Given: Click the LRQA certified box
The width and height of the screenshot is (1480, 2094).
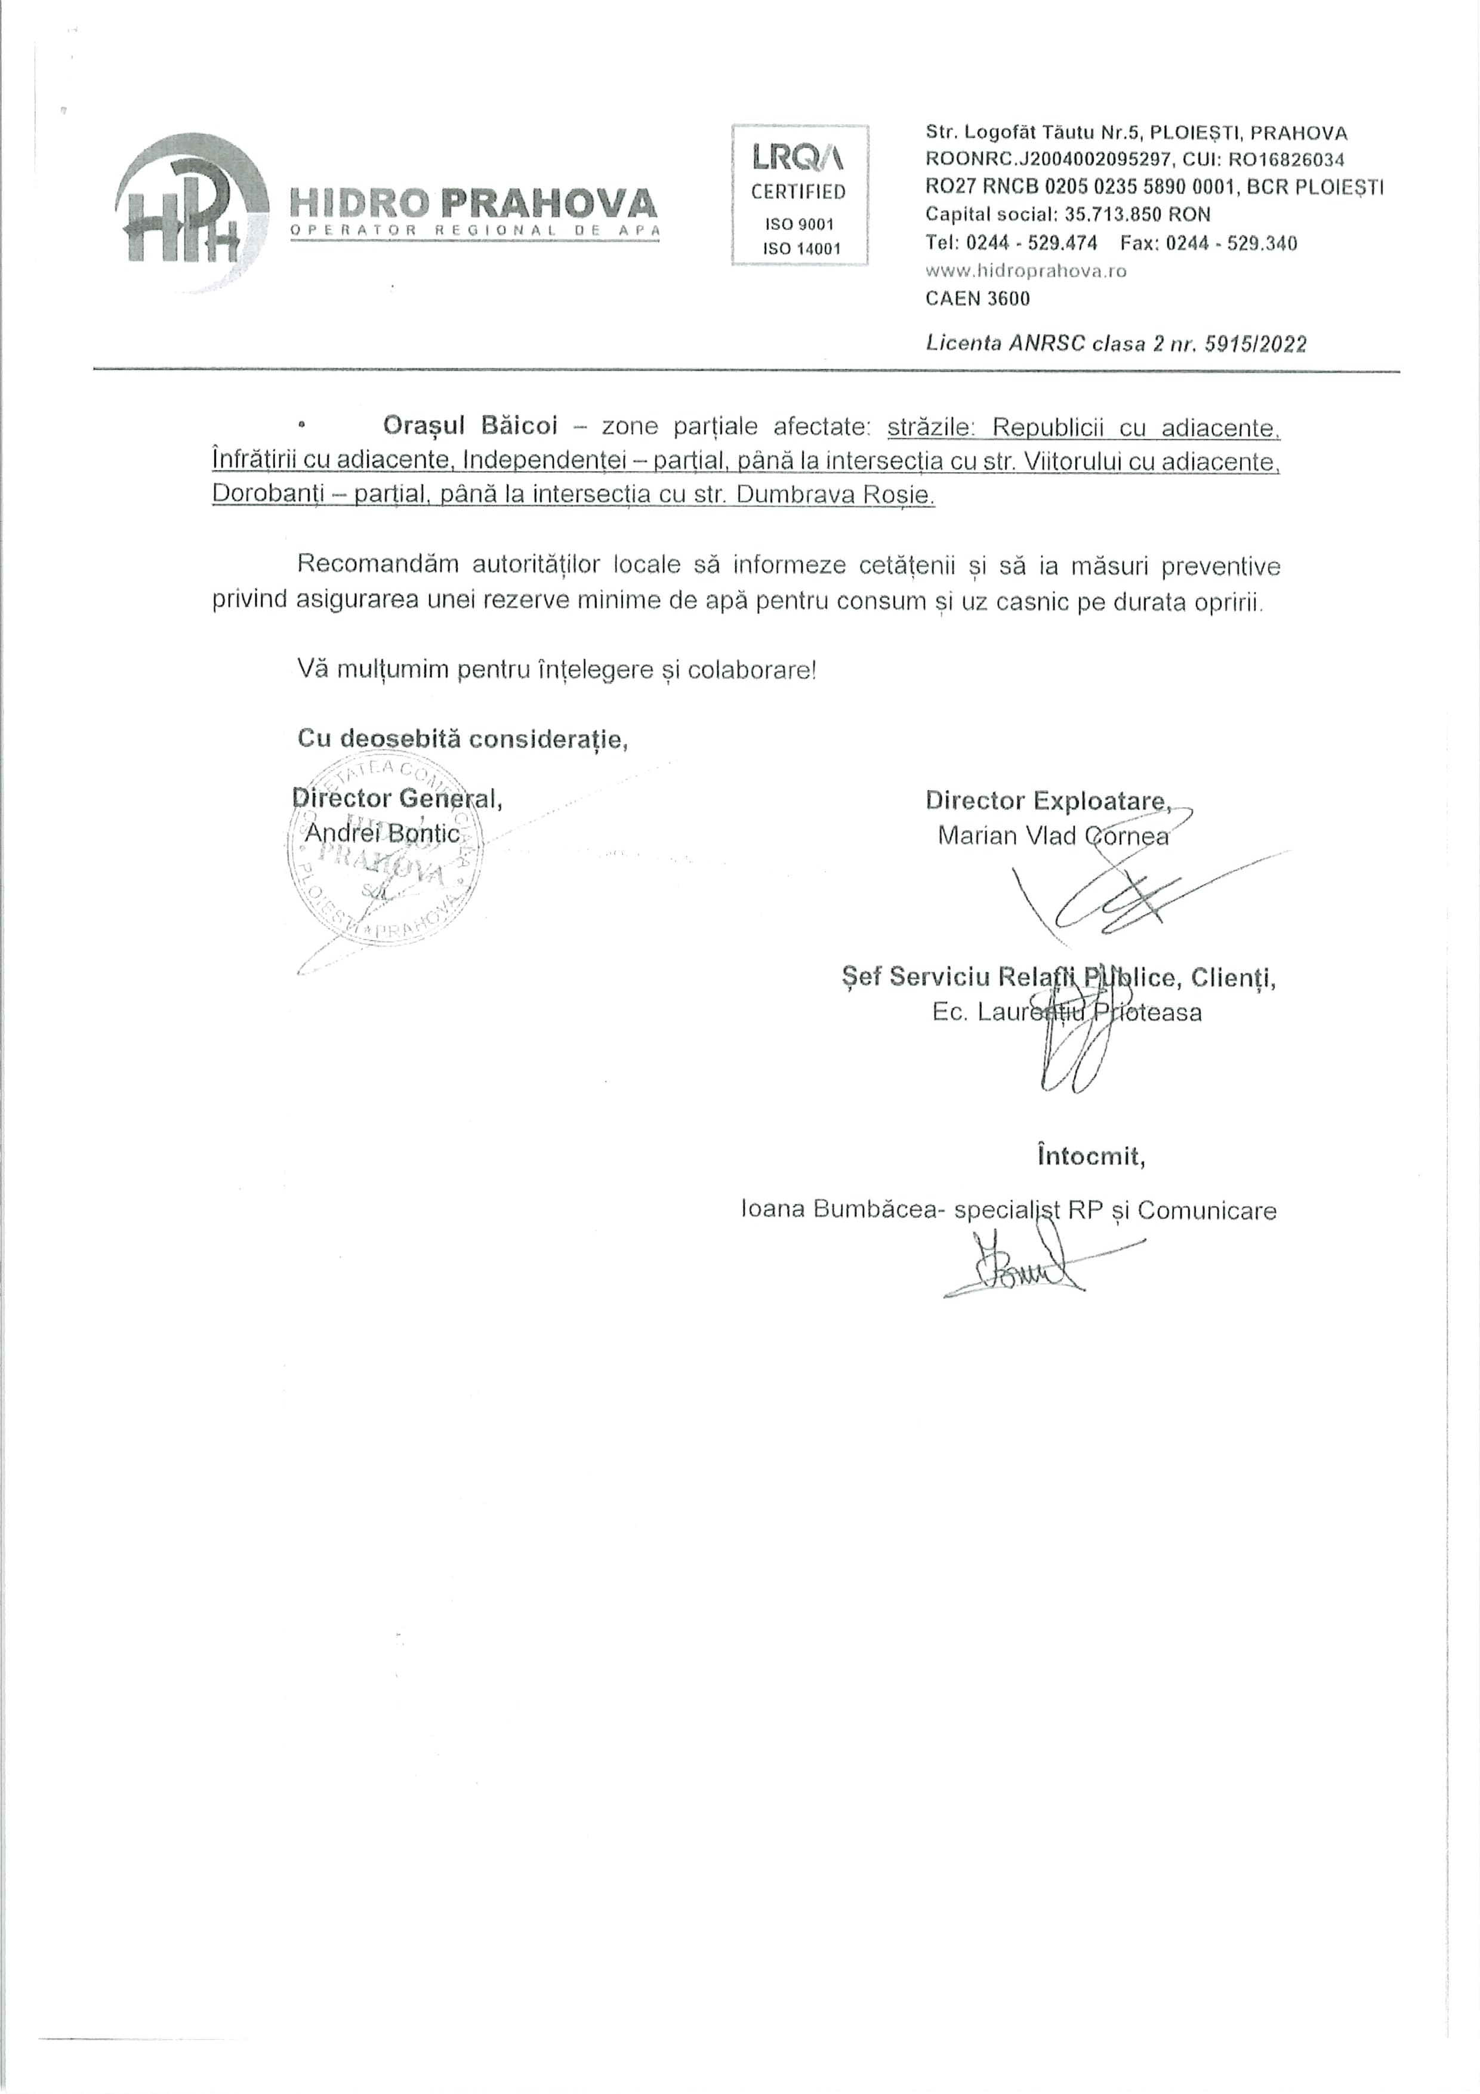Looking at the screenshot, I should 799,194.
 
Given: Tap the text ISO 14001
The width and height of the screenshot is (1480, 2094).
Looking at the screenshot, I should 799,248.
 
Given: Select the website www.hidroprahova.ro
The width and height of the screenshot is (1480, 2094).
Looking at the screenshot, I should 1026,271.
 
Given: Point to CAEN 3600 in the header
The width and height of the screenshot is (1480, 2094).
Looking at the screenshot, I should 978,298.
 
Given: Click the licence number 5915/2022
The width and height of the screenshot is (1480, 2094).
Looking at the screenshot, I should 1256,344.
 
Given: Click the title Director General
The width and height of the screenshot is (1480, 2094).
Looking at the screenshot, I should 397,798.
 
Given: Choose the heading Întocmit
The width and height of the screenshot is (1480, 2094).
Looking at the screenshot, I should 1091,1156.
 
